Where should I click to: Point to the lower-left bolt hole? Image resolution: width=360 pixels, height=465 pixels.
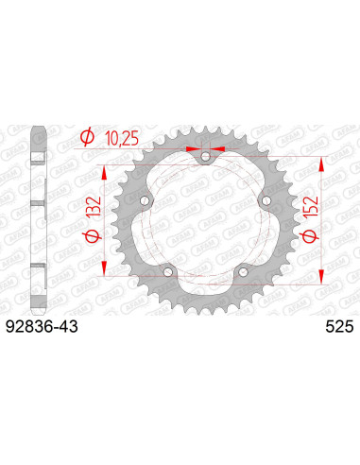(168, 271)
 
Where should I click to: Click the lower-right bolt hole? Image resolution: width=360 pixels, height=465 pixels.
(242, 271)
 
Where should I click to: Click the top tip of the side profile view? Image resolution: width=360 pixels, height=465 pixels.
(37, 129)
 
